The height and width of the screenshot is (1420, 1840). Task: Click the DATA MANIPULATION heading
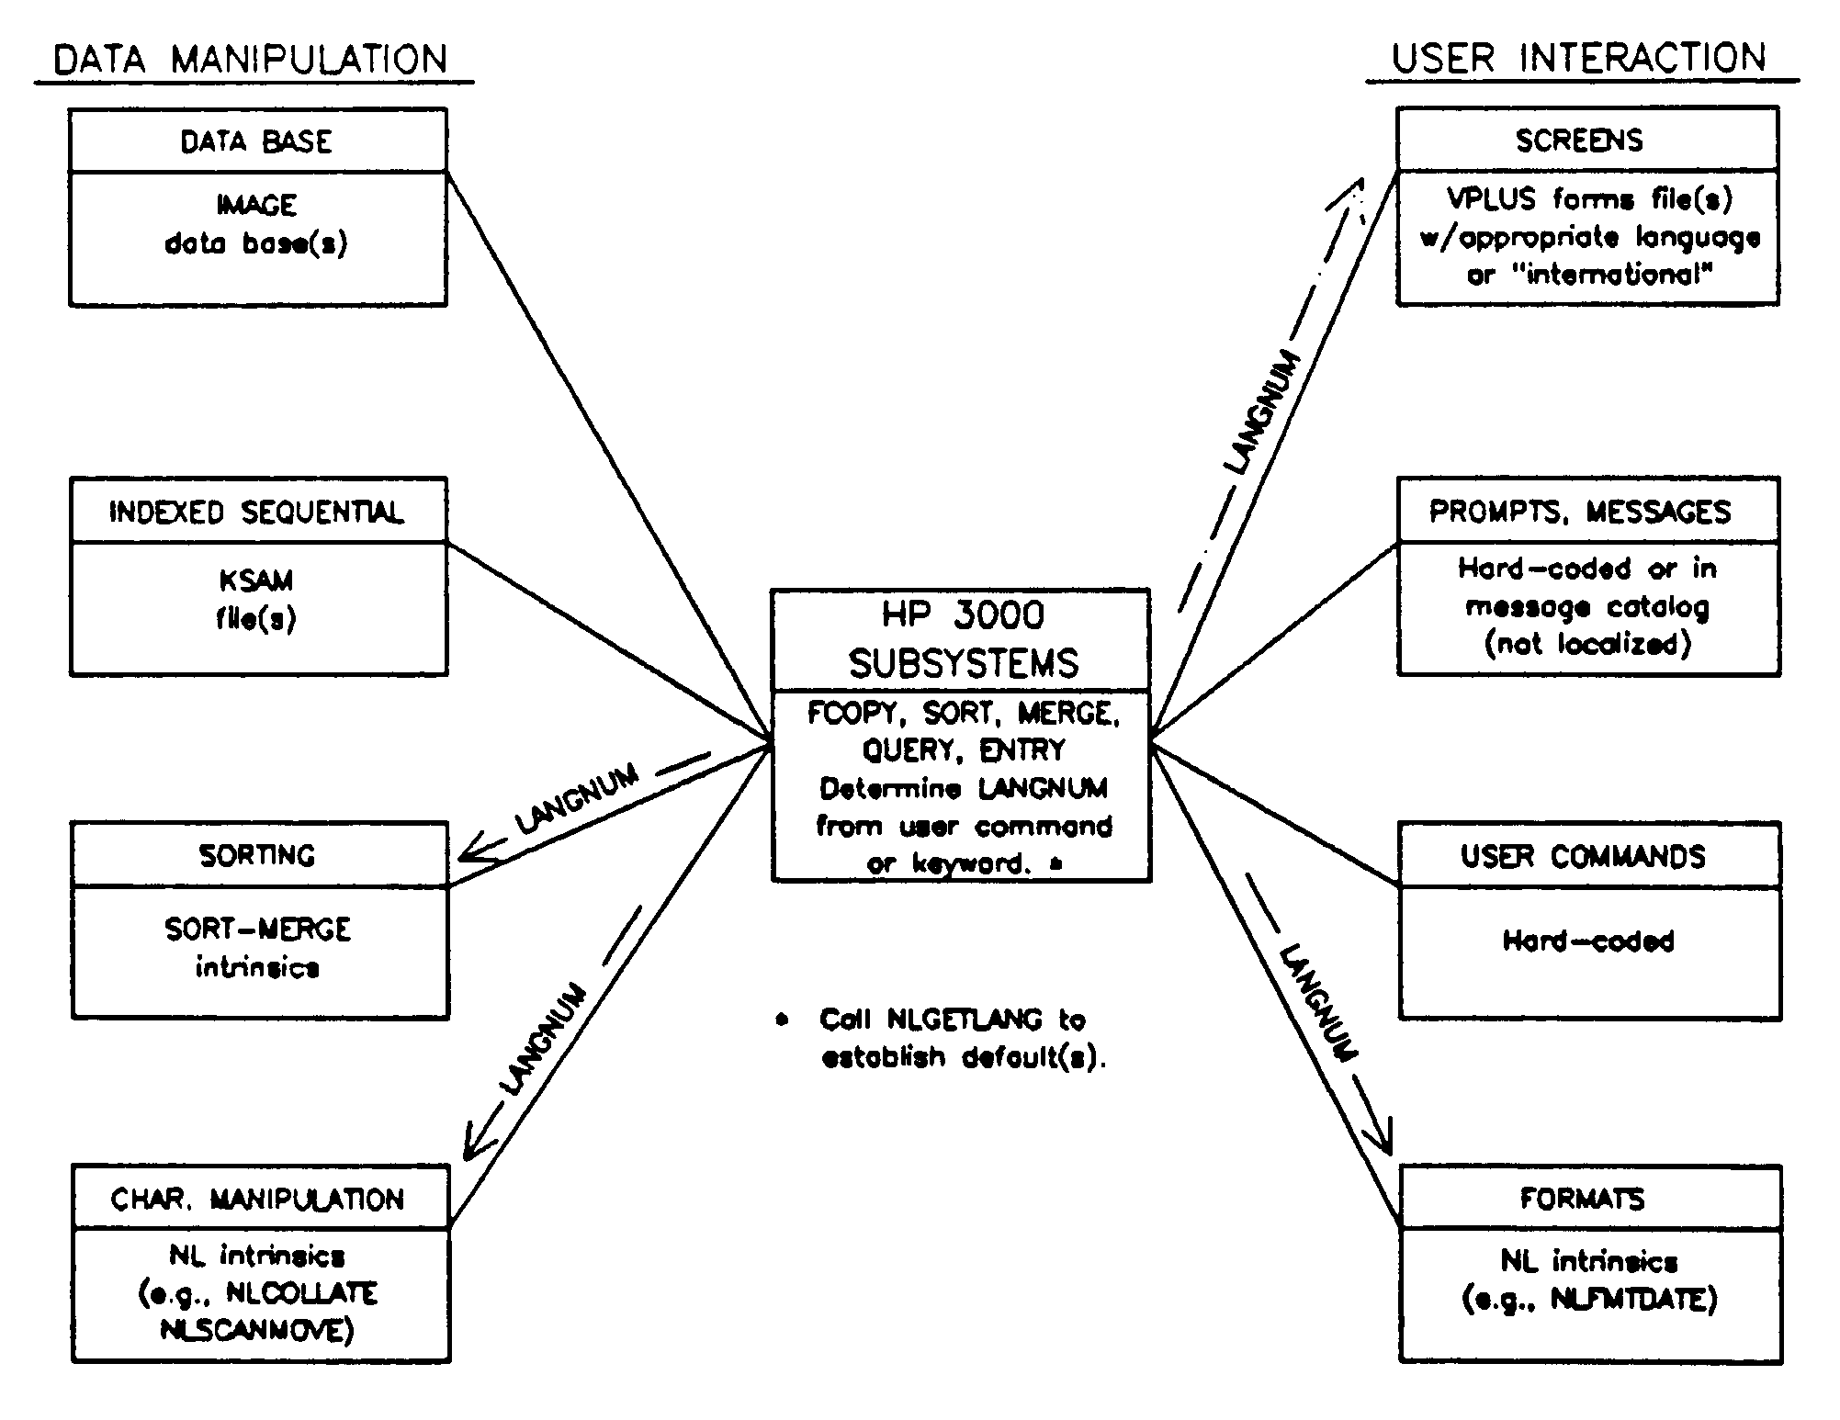tap(250, 60)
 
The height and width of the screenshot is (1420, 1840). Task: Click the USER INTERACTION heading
tap(1579, 58)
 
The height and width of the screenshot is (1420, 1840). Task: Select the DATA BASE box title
tap(256, 141)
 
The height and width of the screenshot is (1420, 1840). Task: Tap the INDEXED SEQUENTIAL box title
tap(256, 512)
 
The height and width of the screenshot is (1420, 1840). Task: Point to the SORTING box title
tap(257, 855)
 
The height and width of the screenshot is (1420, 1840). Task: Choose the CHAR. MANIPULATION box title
tap(257, 1199)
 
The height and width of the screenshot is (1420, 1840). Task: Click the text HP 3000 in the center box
tap(963, 614)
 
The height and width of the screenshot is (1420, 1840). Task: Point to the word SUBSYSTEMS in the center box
tap(963, 663)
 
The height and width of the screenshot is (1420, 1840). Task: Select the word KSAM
tap(256, 580)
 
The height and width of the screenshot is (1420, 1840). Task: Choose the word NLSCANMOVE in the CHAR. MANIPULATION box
tap(257, 1330)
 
